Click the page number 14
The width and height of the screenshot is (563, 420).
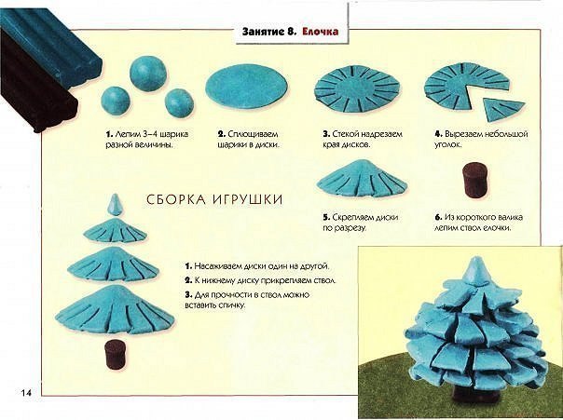[25, 389]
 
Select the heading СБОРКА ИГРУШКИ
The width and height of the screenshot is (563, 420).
[213, 199]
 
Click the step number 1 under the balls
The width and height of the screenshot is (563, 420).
[108, 135]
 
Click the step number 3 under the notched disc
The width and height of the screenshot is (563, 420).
[325, 135]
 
